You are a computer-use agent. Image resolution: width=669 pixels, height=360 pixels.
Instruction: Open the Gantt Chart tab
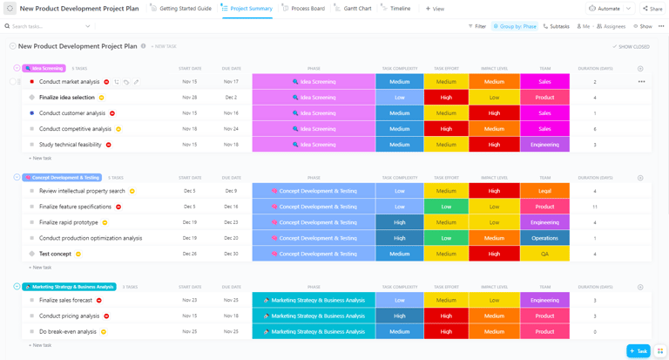(x=357, y=9)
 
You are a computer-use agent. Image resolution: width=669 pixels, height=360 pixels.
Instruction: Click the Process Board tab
(x=307, y=9)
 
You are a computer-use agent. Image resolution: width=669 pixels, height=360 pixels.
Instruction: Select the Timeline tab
(x=400, y=9)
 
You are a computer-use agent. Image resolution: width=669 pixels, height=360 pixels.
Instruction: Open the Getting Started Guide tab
(x=186, y=9)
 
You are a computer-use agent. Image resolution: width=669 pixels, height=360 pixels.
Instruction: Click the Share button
(x=652, y=9)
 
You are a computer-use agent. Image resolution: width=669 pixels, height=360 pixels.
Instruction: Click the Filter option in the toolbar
(x=476, y=26)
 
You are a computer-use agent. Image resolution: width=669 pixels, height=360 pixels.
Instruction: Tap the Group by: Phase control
(x=515, y=26)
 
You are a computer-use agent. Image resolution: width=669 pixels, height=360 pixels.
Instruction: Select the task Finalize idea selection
(x=67, y=98)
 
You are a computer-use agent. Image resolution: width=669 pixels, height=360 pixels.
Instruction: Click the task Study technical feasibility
(x=71, y=145)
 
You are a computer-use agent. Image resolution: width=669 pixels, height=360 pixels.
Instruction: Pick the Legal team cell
(x=544, y=191)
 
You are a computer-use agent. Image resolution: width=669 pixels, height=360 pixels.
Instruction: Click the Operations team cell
(x=544, y=238)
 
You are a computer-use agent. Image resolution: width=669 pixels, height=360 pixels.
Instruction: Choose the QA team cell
(x=544, y=254)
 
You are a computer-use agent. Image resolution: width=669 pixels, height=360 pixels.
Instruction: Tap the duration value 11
(x=595, y=207)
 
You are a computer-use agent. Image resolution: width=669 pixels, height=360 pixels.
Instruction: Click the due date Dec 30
(x=230, y=254)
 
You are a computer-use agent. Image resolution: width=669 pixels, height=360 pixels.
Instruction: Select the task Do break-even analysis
(x=68, y=331)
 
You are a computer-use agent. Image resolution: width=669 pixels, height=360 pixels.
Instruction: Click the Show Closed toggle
(x=632, y=47)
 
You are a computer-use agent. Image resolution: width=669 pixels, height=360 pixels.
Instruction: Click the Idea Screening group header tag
(x=44, y=68)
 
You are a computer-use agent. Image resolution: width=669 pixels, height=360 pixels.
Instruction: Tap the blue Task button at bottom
(x=638, y=350)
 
